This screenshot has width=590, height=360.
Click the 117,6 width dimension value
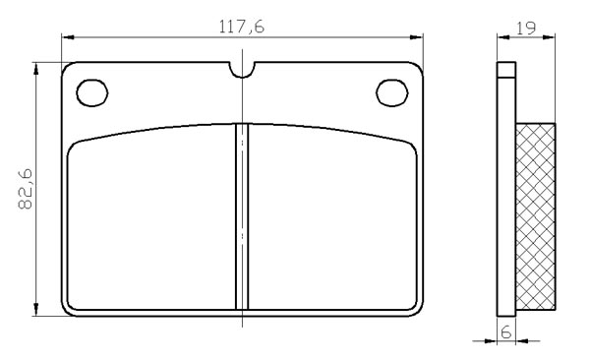point(242,27)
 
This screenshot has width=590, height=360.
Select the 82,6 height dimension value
point(26,190)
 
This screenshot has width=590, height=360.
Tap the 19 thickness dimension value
point(526,28)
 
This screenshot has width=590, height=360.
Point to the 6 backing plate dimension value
point(506,331)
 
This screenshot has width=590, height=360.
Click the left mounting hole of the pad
point(92,92)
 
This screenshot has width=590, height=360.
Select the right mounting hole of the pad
point(392,92)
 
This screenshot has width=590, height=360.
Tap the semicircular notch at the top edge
point(242,71)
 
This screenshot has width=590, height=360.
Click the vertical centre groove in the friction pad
point(242,216)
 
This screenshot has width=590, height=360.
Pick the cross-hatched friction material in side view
point(536,216)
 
